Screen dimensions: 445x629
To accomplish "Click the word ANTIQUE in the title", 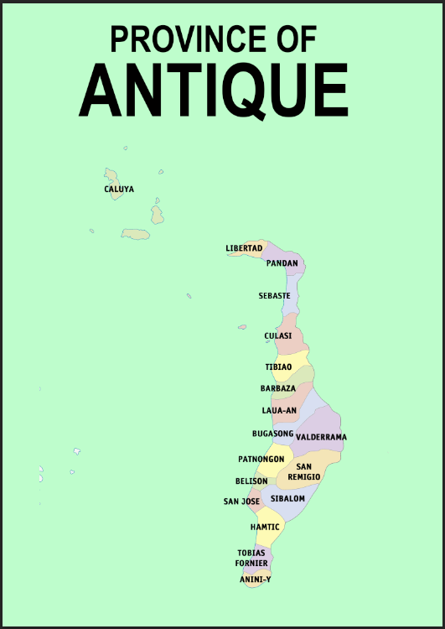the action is [x=214, y=90].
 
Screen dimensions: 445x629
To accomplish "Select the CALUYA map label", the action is [x=119, y=190].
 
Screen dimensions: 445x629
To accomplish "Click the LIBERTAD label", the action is [x=244, y=248].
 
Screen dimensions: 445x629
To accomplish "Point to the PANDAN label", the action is [x=282, y=263].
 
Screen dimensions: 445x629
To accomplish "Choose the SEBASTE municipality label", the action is [x=274, y=296].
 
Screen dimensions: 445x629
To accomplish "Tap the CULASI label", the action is [x=277, y=336].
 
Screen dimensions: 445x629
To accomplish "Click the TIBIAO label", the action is [x=278, y=367].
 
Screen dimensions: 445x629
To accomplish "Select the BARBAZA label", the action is [x=277, y=389].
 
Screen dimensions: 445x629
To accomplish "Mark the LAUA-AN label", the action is [x=279, y=411].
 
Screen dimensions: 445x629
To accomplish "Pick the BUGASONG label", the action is [x=272, y=434].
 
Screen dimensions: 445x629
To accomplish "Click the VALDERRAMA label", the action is [x=321, y=437].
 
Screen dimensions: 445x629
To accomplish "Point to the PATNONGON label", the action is [x=261, y=460].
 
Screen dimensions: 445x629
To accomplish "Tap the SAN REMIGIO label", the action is [x=304, y=471].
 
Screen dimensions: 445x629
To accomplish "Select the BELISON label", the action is [x=251, y=481].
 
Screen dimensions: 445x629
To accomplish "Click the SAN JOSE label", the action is [x=241, y=502].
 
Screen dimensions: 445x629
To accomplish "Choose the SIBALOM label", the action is [x=287, y=498].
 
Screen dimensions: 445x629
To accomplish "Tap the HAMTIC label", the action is [x=265, y=527].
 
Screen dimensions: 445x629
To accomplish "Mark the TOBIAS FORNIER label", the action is [x=251, y=558].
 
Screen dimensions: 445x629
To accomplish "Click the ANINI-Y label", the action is [x=255, y=580].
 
